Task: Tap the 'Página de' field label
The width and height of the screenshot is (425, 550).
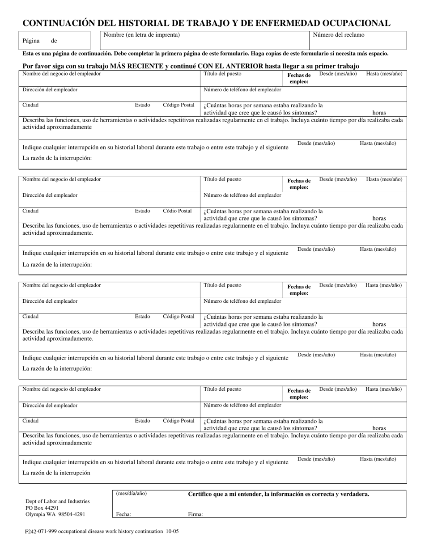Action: pos(40,41)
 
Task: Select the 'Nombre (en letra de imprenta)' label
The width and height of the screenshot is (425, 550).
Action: pos(142,35)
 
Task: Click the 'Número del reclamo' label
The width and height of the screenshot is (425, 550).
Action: pos(338,35)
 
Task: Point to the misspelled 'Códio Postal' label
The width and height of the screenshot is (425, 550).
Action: pos(177,211)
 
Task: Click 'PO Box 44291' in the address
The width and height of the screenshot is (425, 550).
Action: pos(42,508)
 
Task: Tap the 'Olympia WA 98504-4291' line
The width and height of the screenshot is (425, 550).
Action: pos(55,514)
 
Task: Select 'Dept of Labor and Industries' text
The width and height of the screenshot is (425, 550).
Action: pos(57,501)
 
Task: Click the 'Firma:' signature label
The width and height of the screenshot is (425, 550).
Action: pos(195,514)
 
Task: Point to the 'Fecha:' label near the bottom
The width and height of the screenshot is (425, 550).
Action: pos(123,514)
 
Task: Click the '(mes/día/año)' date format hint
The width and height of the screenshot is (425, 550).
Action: pos(131,494)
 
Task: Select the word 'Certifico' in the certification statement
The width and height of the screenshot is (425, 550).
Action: pos(201,494)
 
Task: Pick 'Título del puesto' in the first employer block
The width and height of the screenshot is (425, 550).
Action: pos(222,74)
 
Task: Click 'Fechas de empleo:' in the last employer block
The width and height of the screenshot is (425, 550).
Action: pos(299,393)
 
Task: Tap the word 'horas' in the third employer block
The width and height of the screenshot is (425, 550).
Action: pos(379,324)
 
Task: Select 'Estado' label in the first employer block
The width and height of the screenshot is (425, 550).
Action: pos(142,105)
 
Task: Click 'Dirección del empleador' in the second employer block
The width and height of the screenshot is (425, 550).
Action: pos(50,195)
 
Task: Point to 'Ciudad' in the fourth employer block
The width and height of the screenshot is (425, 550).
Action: pos(30,421)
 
